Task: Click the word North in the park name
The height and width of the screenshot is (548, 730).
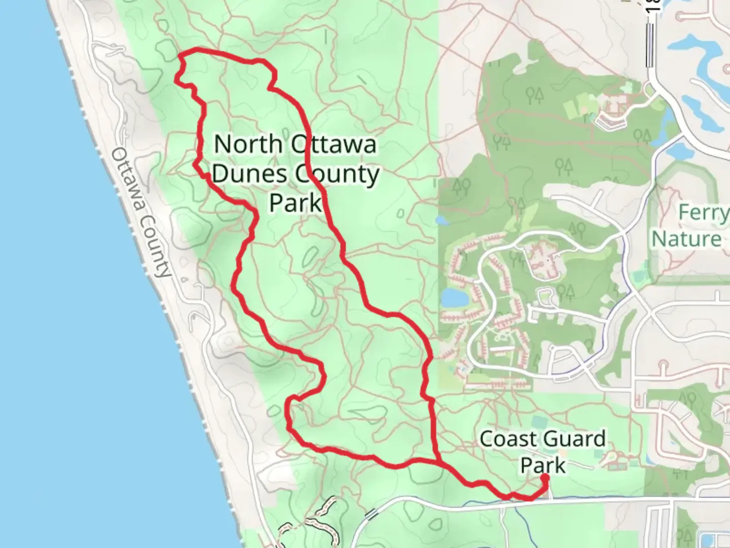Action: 247,145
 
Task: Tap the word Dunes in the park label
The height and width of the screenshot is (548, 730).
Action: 249,174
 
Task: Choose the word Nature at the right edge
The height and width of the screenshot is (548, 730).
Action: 687,239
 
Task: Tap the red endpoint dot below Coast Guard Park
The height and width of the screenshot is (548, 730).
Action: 545,477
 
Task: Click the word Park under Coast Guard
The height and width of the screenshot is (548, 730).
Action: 543,465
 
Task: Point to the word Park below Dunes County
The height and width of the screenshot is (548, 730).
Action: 296,202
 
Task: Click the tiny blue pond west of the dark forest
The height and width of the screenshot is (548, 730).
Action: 442,221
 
